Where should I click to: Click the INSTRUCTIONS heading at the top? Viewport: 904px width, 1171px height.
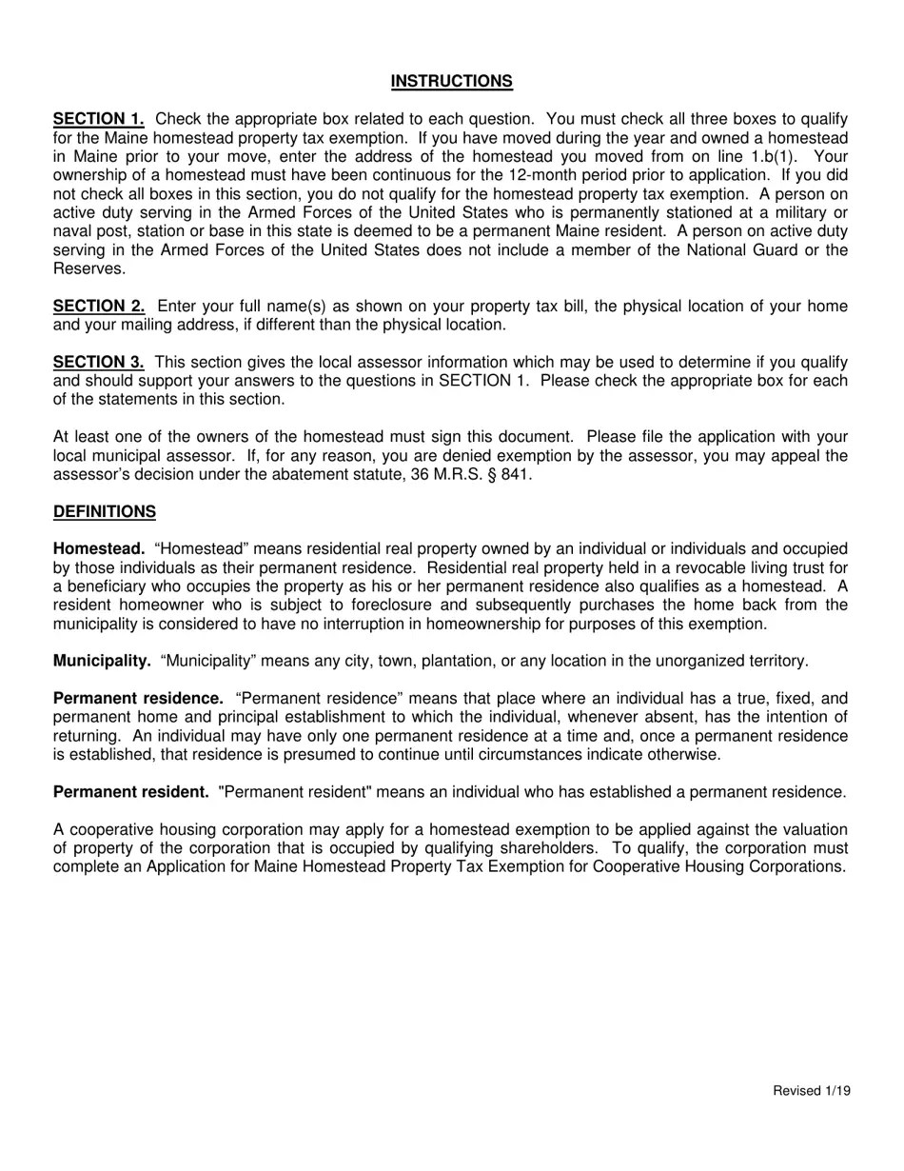click(x=451, y=82)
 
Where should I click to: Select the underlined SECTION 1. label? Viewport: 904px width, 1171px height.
click(x=99, y=119)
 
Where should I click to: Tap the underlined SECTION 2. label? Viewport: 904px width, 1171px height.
click(x=99, y=307)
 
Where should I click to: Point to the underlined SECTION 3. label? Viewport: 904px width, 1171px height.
click(x=99, y=363)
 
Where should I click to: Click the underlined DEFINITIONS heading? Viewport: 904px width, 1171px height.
click(x=105, y=512)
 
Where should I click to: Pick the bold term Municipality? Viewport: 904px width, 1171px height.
click(x=102, y=662)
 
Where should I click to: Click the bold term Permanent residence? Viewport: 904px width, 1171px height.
click(x=138, y=699)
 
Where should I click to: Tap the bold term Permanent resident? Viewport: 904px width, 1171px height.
click(x=130, y=792)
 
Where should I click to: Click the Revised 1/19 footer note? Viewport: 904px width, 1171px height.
click(x=811, y=1091)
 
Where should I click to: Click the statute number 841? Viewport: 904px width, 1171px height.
click(x=514, y=474)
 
